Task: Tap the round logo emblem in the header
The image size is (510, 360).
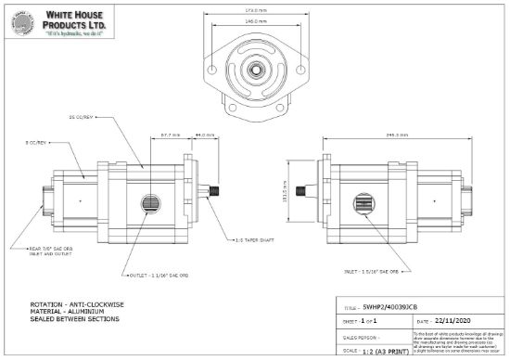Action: (26, 25)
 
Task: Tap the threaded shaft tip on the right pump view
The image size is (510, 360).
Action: (302, 193)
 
